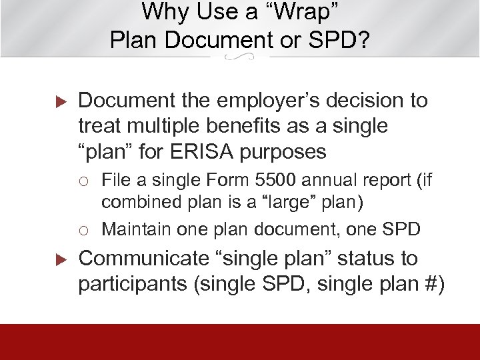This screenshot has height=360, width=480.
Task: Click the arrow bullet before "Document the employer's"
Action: [x=57, y=103]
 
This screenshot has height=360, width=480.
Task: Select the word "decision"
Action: [x=363, y=101]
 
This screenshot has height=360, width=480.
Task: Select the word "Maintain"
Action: [x=137, y=229]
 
